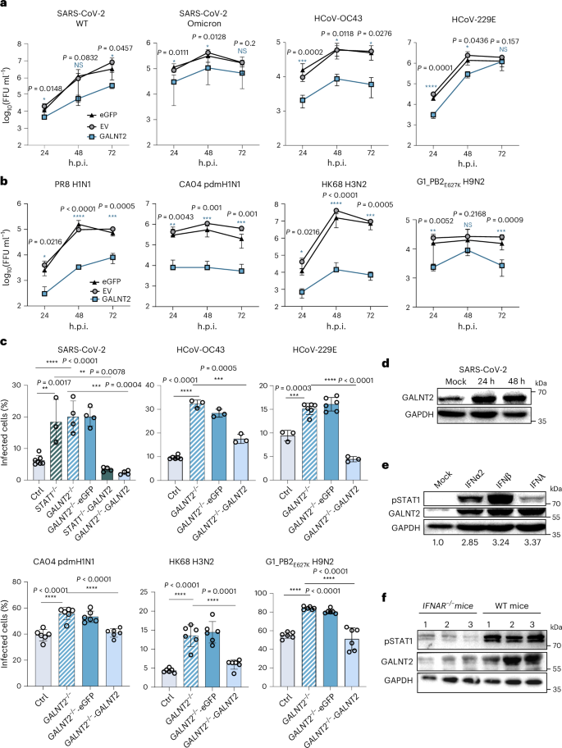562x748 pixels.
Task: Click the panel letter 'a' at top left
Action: coord(4,6)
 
